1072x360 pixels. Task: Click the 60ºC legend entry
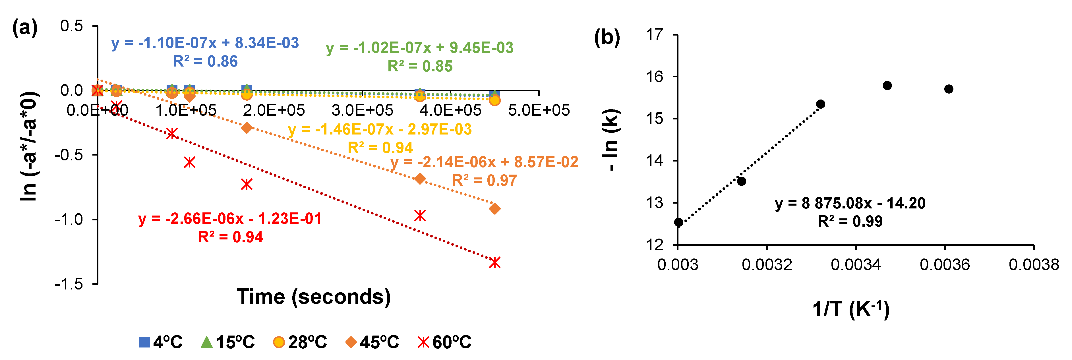[x=444, y=342]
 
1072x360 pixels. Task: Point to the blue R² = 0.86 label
[x=205, y=62]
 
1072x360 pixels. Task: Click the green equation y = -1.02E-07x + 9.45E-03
[x=419, y=48]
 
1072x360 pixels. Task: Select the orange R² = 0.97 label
[x=485, y=180]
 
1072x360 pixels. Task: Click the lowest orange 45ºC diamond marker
[x=494, y=208]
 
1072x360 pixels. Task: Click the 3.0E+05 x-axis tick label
[x=362, y=110]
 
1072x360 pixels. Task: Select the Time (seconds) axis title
[x=314, y=297]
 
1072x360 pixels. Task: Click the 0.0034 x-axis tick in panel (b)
[x=856, y=265]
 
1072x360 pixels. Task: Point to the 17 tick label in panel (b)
[x=655, y=34]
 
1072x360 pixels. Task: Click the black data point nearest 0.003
[x=678, y=222]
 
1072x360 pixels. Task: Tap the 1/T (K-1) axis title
[x=851, y=309]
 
